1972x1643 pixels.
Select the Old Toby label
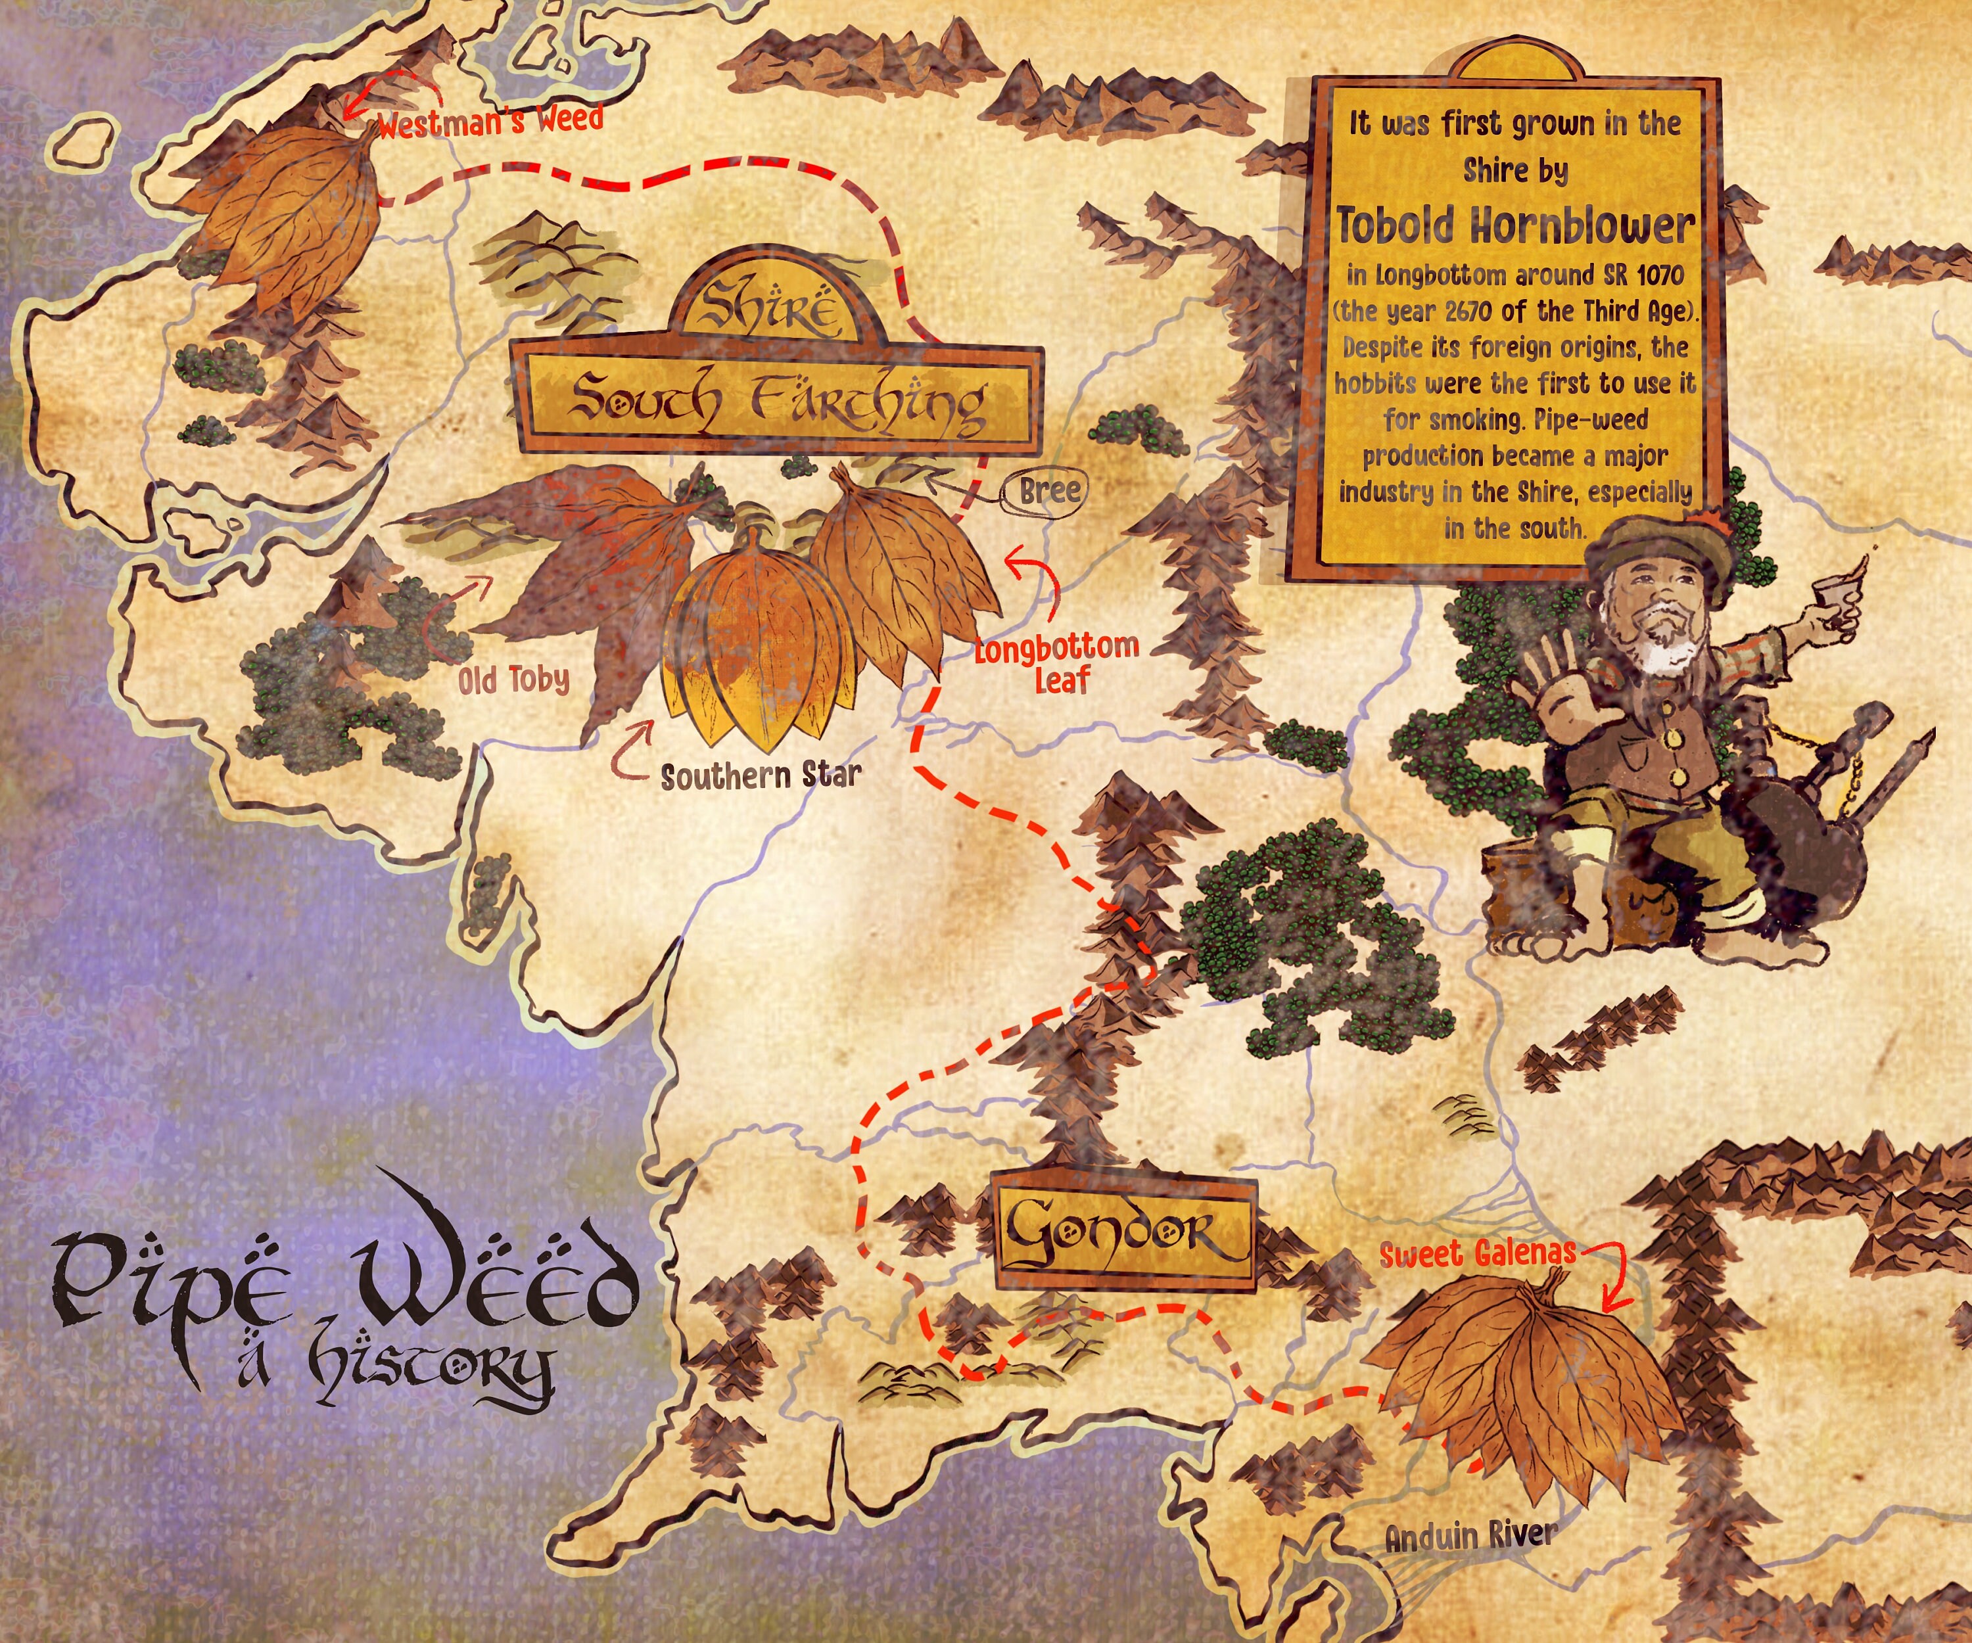pos(513,680)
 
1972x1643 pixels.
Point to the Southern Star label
pos(761,776)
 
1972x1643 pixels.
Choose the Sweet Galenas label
pos(1477,1253)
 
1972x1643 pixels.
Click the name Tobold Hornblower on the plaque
pos(1516,226)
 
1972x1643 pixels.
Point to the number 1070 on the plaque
pos(1658,275)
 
